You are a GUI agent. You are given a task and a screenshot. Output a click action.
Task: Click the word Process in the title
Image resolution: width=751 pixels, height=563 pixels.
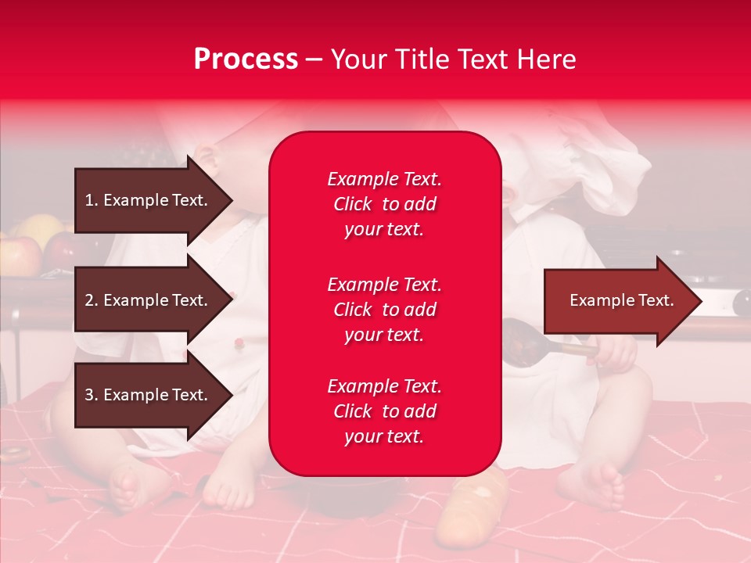pos(246,59)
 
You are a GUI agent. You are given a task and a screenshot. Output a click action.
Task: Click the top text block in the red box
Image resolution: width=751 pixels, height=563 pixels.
pos(384,204)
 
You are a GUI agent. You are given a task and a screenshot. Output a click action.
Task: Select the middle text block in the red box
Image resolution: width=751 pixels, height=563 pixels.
pos(384,310)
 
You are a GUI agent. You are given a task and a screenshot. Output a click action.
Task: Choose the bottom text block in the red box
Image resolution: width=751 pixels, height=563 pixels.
pos(384,411)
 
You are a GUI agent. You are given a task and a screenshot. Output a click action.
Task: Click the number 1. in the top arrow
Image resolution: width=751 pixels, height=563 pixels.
pos(92,200)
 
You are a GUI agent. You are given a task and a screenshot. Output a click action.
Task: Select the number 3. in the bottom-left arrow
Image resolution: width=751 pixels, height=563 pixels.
pos(92,395)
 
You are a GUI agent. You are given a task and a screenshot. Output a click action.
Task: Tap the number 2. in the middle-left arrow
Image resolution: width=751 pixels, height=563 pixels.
pos(92,300)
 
